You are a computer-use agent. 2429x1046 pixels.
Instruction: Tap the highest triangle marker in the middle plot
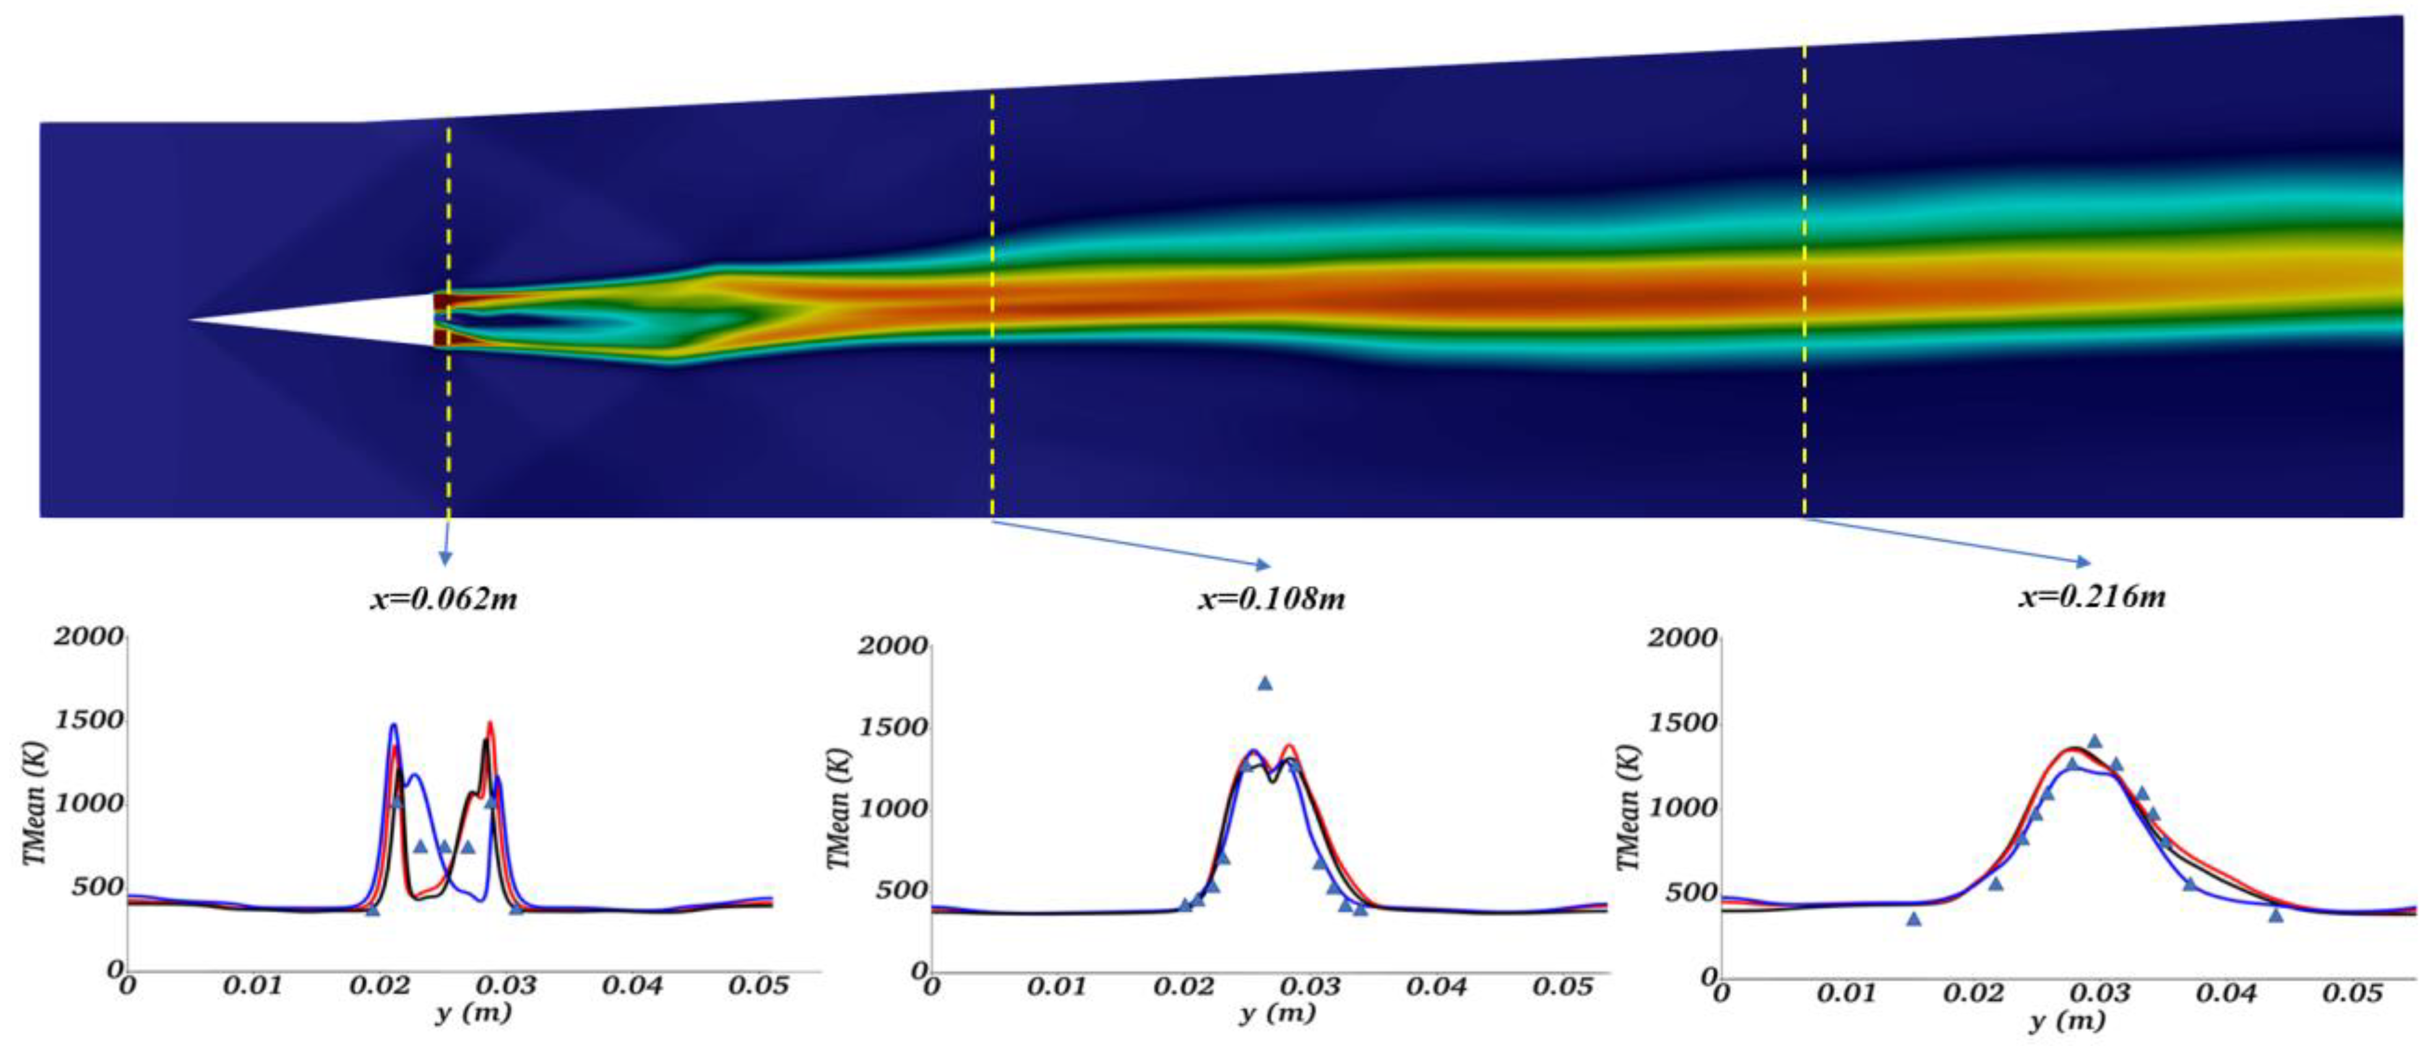click(1264, 683)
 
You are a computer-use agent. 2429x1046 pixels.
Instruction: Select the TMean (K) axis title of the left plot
click(34, 804)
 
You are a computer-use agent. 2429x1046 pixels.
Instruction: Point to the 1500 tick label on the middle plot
click(892, 727)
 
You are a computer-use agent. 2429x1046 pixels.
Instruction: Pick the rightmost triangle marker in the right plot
click(2276, 914)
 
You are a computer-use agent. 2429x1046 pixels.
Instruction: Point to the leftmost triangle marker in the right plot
click(1913, 918)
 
